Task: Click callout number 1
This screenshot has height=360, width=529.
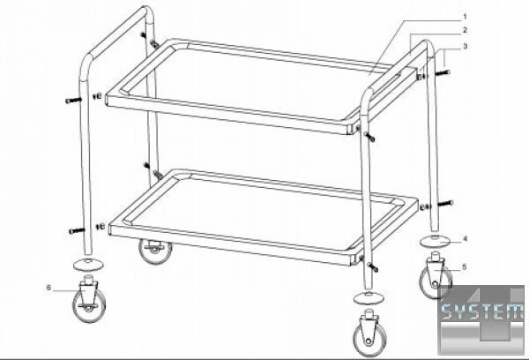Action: click(x=465, y=16)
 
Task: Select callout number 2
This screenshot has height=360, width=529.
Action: click(x=466, y=30)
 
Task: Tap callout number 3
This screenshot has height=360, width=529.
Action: click(x=466, y=46)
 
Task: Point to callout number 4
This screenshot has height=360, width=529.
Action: click(x=466, y=239)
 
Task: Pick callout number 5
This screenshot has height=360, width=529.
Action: click(x=465, y=267)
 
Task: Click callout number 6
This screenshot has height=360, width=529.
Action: click(x=48, y=288)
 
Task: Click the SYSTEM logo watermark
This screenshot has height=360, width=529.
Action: click(x=481, y=319)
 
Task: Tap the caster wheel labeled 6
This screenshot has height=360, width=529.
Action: click(x=89, y=298)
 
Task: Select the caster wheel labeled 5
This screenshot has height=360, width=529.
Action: click(x=435, y=278)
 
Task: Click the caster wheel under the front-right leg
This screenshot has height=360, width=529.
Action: click(x=369, y=333)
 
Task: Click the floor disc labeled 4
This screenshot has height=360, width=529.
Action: click(x=436, y=241)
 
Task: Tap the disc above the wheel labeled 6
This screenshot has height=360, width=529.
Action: click(x=88, y=264)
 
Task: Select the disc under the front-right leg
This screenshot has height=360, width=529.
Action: click(x=369, y=298)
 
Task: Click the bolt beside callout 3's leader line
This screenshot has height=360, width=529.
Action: click(x=443, y=72)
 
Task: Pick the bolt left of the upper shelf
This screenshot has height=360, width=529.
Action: click(x=73, y=100)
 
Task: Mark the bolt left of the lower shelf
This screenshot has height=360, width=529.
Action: click(x=77, y=230)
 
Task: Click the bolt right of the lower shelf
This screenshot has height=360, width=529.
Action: click(x=445, y=203)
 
